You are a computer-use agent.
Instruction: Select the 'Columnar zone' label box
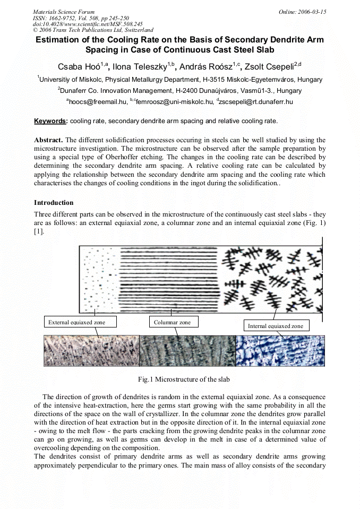tap(172, 322)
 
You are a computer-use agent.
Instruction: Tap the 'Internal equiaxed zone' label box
tap(276, 325)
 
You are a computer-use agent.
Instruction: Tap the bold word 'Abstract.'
tap(48, 140)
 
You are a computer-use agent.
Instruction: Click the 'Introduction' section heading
tap(54, 203)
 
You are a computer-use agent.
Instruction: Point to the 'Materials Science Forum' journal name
tap(64, 12)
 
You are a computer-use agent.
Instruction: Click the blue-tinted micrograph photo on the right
tap(280, 351)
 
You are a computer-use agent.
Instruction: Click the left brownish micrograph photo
tap(91, 351)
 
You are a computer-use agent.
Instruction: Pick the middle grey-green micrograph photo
tap(187, 351)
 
